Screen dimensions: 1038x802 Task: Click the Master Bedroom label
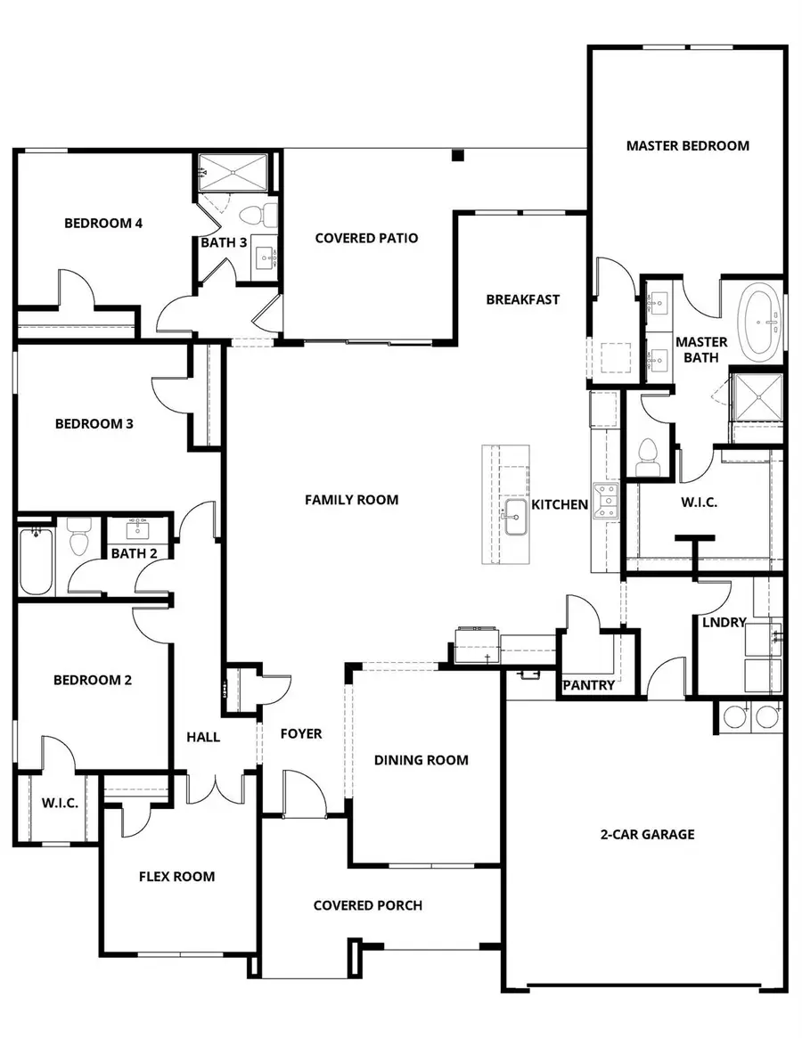[x=687, y=145]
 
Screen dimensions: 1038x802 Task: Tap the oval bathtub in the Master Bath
[x=759, y=320]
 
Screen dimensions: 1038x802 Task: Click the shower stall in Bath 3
[x=233, y=171]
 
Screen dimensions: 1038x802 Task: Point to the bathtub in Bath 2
[x=36, y=560]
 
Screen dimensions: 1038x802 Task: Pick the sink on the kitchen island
[x=516, y=517]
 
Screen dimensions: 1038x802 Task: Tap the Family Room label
[x=351, y=500]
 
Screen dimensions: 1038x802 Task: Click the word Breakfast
[x=522, y=299]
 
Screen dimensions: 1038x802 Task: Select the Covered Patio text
[x=366, y=238]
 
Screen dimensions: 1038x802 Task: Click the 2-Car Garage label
[x=647, y=835]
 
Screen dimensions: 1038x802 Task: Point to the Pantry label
[x=588, y=685]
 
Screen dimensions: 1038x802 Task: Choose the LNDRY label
[x=723, y=623]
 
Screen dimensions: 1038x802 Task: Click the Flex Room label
[x=176, y=877]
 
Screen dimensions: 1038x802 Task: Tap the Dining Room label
[x=421, y=760]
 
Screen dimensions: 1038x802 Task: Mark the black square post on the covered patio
[x=457, y=156]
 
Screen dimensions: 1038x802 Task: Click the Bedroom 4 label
[x=103, y=223]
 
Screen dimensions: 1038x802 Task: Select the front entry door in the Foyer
[x=304, y=795]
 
